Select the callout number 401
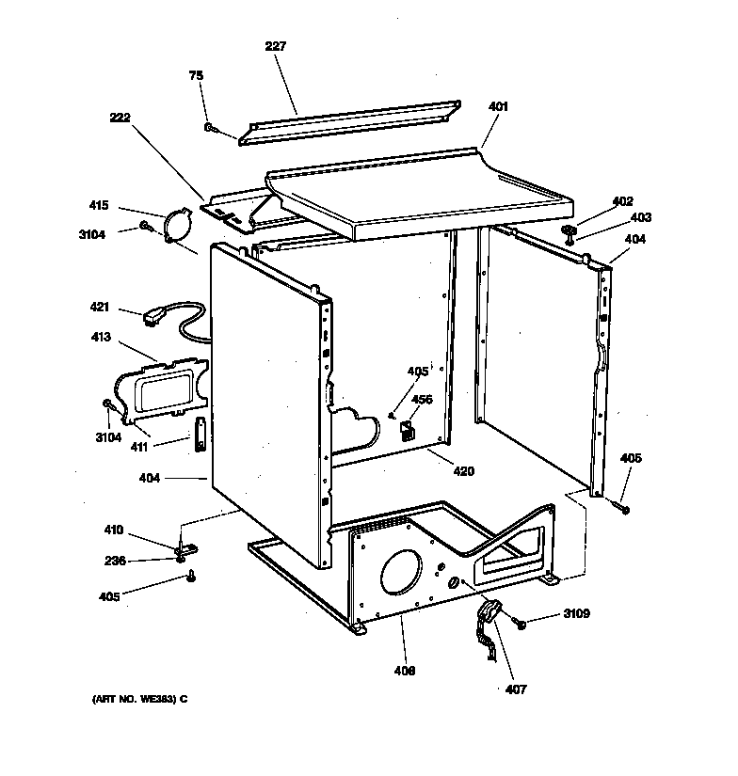click(498, 106)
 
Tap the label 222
click(120, 118)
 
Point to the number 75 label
click(196, 75)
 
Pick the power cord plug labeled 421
click(154, 319)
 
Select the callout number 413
click(100, 337)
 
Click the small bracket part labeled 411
click(201, 436)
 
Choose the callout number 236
click(114, 562)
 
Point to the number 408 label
click(406, 671)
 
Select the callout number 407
click(516, 689)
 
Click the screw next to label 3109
click(520, 622)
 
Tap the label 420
click(464, 471)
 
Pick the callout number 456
click(422, 400)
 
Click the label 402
click(622, 200)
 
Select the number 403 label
click(640, 217)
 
